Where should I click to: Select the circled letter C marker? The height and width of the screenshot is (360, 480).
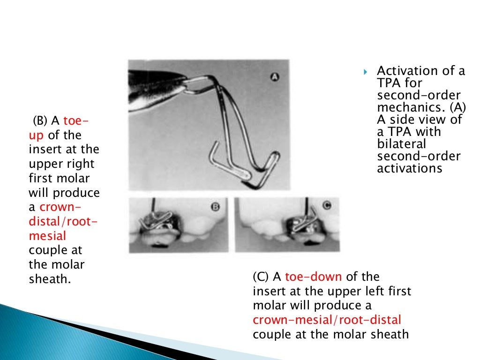coord(327,205)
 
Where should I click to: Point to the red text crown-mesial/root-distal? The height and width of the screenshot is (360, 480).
coord(327,320)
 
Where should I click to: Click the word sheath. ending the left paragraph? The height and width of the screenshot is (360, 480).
coord(50,279)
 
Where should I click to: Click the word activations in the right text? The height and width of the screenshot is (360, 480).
coord(409,168)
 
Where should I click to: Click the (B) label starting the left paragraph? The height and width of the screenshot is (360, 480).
coord(40,121)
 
